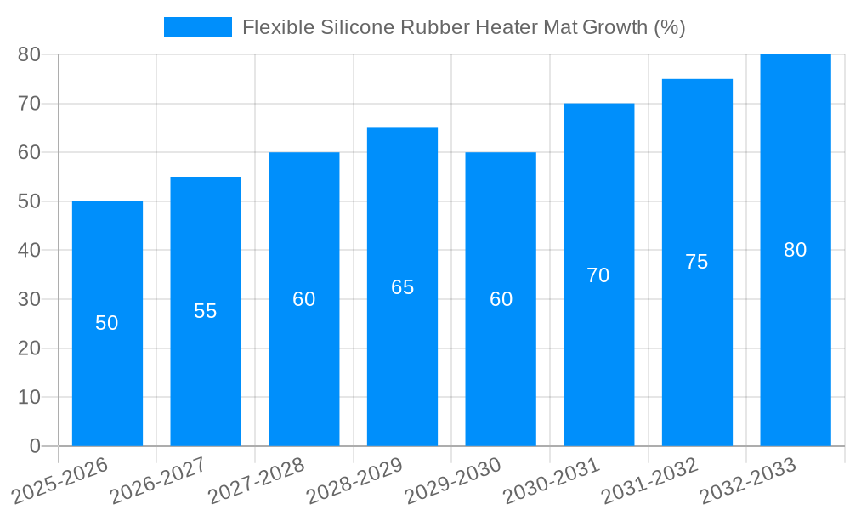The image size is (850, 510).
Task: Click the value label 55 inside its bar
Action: [206, 311]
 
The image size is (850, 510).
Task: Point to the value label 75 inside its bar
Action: [696, 262]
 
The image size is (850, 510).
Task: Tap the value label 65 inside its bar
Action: [402, 287]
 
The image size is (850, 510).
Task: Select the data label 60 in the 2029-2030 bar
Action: [501, 299]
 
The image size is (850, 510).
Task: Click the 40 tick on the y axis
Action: [29, 251]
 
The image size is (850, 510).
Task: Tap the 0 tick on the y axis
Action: [35, 446]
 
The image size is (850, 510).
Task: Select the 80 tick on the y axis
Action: [29, 54]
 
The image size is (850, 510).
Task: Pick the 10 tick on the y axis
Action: [29, 398]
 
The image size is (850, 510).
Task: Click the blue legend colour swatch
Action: [197, 27]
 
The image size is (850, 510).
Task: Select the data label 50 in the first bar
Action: [107, 323]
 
